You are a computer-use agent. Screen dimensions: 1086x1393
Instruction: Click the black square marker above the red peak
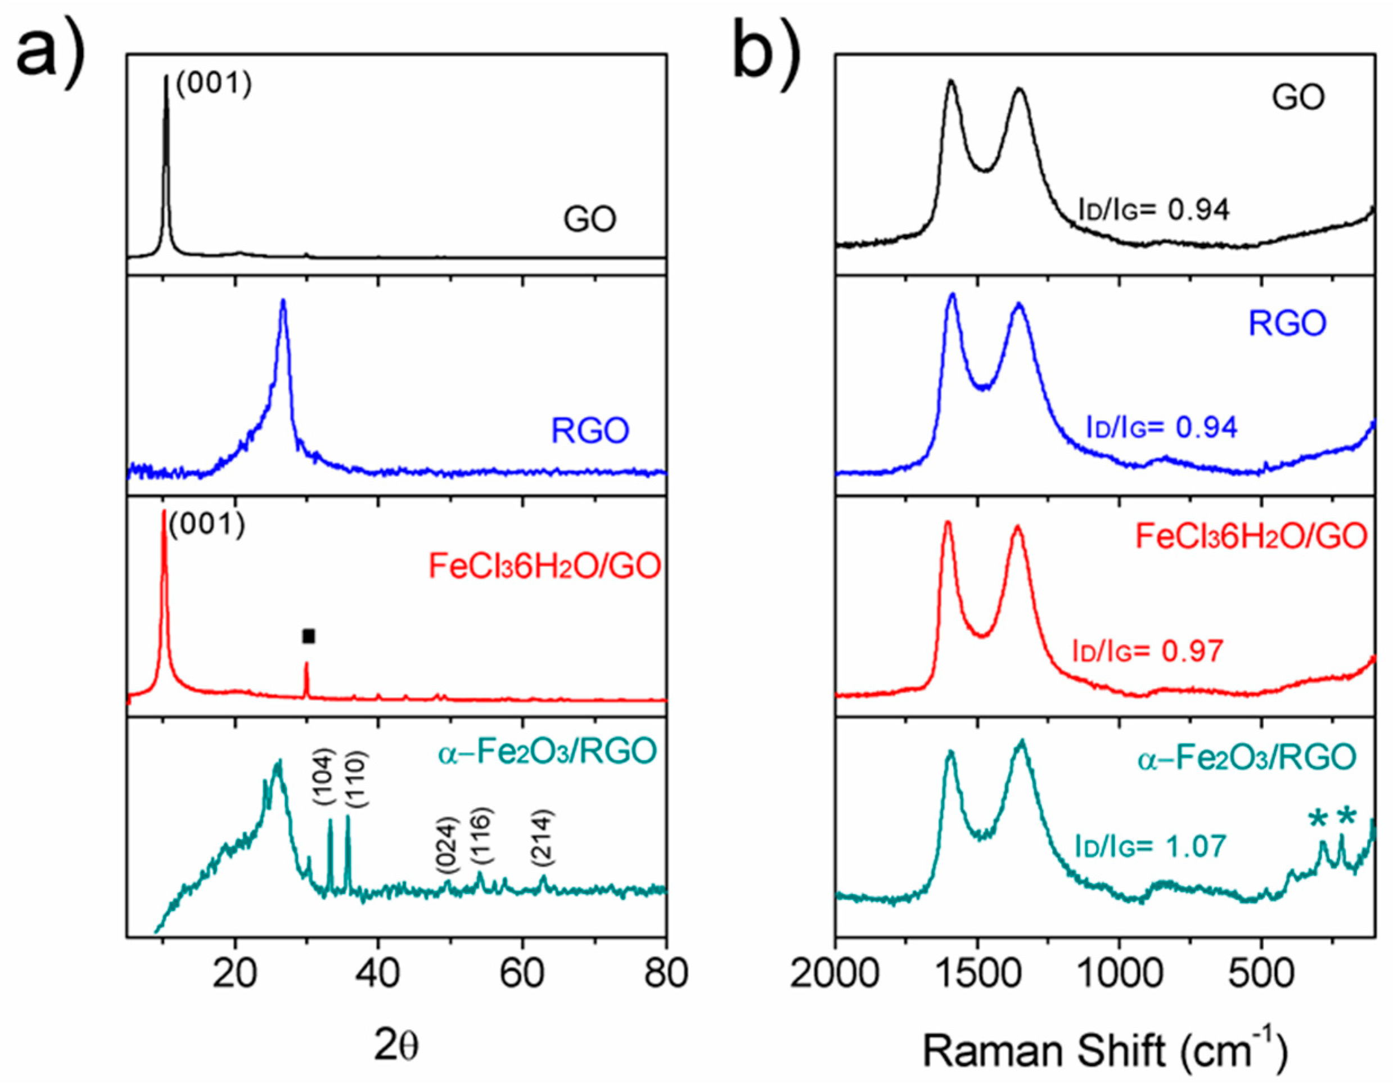tap(309, 636)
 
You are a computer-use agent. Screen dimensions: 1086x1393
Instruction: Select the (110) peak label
tap(356, 781)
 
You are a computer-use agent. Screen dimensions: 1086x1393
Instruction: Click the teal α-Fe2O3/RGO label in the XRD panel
tap(547, 753)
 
